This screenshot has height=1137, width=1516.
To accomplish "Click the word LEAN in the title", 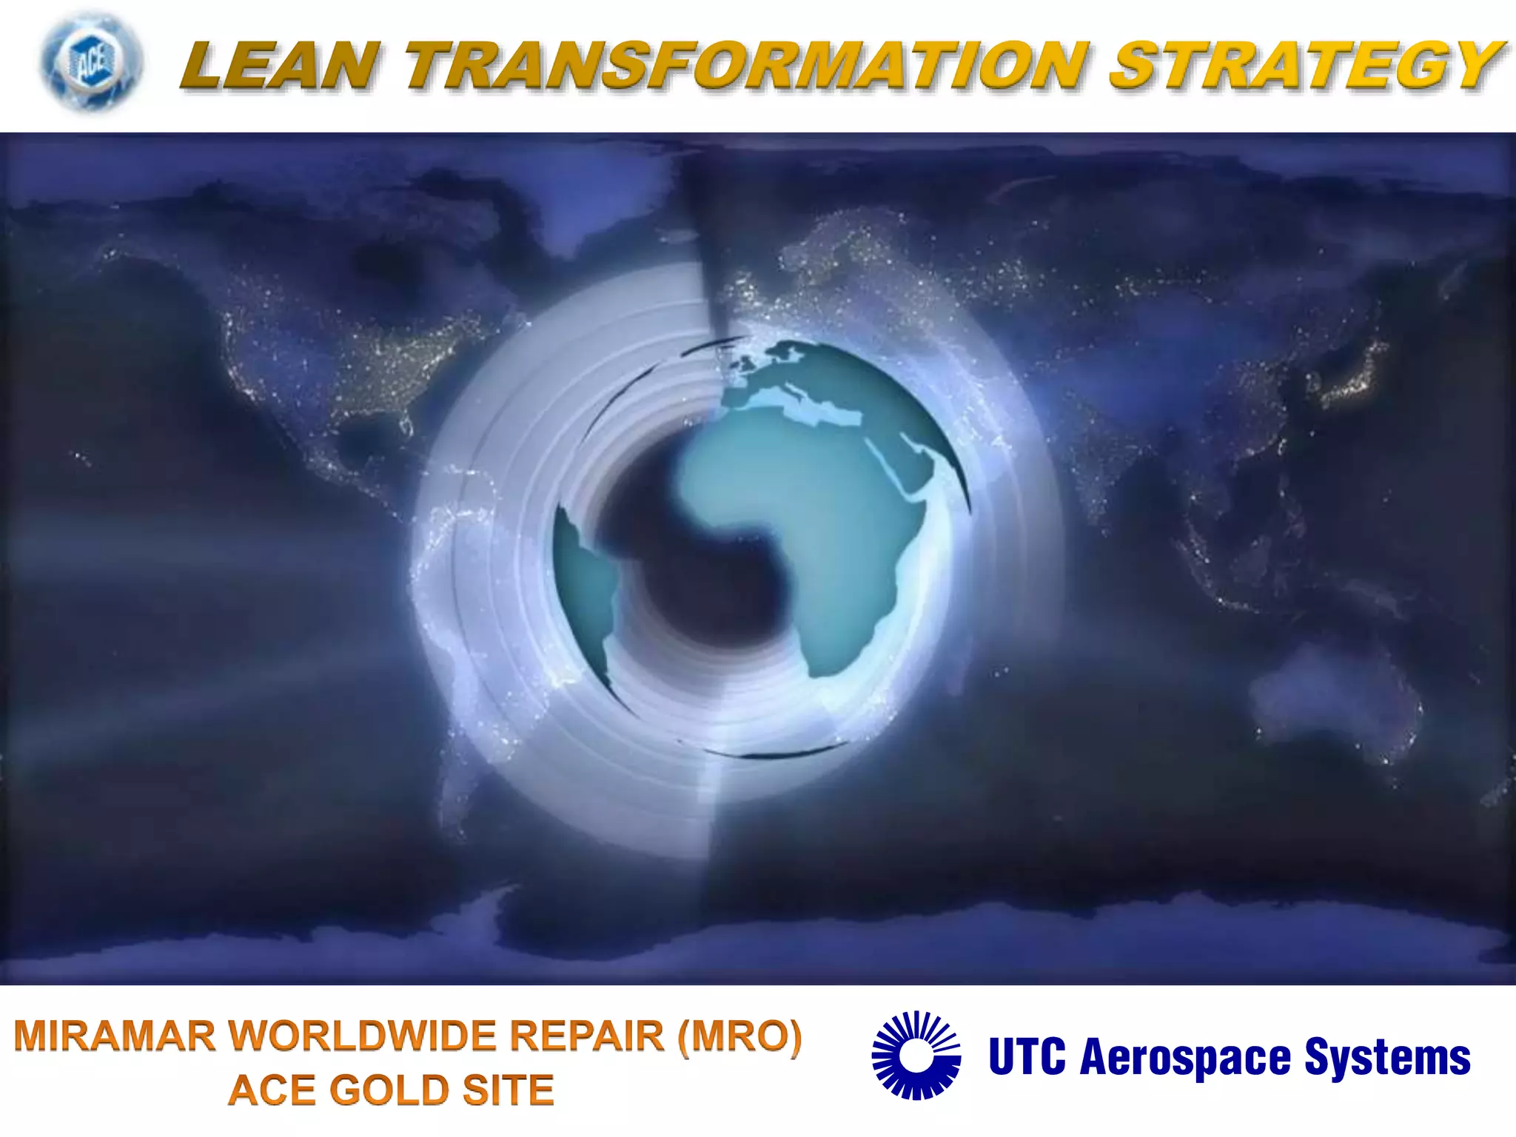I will point(280,67).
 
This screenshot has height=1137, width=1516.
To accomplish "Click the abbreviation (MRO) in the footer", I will point(740,1036).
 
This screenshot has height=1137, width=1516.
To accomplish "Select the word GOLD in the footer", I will point(389,1090).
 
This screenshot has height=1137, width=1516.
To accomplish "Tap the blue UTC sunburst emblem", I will point(916,1055).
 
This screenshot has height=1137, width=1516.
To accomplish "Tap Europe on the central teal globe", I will point(785,378).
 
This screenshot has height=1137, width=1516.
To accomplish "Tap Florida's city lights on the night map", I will point(405,426).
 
